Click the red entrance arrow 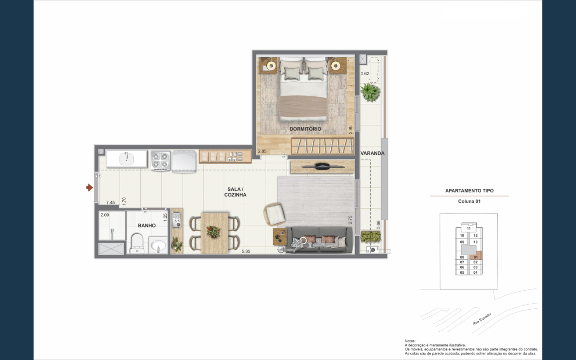(90, 188)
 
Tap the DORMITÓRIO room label (305, 129)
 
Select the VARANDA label (372, 153)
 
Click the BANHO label (146, 226)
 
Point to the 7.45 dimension (110, 202)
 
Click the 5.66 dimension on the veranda (378, 225)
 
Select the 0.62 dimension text (365, 74)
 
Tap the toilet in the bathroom (137, 243)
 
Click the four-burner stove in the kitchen (160, 160)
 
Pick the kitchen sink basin (126, 159)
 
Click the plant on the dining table (213, 232)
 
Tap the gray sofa (319, 240)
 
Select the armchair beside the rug (274, 214)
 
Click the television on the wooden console (323, 167)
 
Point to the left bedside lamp (271, 66)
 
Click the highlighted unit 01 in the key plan (476, 257)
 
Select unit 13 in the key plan (475, 242)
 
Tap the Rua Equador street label (482, 319)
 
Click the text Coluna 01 (469, 201)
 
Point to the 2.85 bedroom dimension (262, 151)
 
